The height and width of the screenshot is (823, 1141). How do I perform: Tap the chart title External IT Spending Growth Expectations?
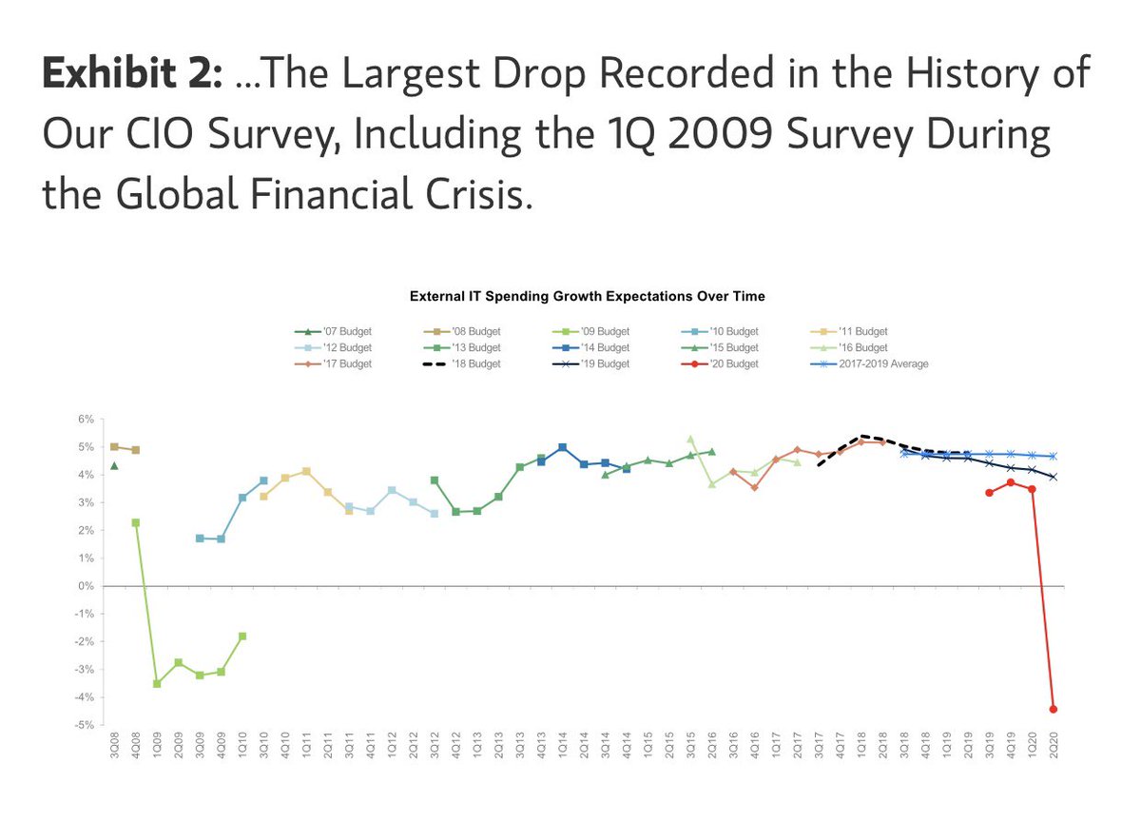click(x=587, y=297)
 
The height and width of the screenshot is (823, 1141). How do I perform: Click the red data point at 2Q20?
click(x=1054, y=709)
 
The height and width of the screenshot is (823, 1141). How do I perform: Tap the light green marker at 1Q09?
click(x=157, y=684)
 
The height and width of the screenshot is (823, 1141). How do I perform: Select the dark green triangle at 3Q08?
click(x=114, y=465)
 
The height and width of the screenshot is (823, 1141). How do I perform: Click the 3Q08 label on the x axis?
click(x=115, y=746)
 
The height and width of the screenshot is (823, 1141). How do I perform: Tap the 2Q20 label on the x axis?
click(x=1054, y=746)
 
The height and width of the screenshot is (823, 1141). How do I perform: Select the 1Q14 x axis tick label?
click(x=563, y=746)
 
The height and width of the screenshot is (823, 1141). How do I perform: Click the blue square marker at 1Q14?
click(x=563, y=447)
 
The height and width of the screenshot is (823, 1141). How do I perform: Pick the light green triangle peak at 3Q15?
click(x=690, y=440)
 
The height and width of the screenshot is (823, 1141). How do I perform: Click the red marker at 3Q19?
click(x=989, y=493)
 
